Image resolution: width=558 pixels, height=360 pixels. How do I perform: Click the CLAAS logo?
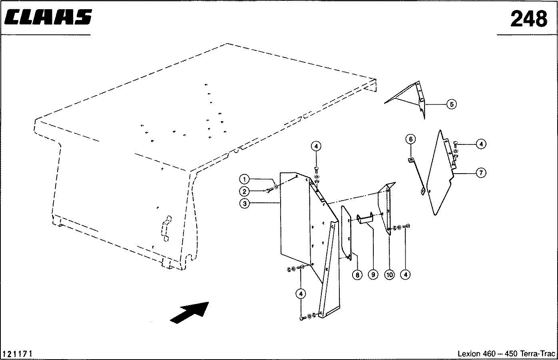(x=48, y=17)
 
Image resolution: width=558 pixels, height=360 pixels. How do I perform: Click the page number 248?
(x=528, y=19)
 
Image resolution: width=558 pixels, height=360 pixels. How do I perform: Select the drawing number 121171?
(x=17, y=354)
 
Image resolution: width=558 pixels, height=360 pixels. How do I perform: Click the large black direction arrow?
(x=189, y=313)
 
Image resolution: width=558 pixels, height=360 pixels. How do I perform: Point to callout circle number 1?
(x=244, y=179)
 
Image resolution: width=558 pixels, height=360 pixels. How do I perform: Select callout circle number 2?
(x=244, y=192)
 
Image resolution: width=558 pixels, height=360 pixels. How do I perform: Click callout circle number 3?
(x=244, y=204)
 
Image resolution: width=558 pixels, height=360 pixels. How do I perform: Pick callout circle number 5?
(x=452, y=104)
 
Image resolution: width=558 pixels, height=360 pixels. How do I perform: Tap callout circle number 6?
(x=411, y=139)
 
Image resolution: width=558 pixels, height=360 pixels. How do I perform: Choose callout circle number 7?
(x=481, y=173)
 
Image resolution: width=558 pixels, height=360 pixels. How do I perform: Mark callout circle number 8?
(x=357, y=275)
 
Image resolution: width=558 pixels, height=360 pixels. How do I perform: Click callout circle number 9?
(x=373, y=275)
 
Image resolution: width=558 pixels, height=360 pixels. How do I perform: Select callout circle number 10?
(x=390, y=275)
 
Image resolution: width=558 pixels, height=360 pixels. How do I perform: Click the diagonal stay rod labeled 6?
(x=417, y=176)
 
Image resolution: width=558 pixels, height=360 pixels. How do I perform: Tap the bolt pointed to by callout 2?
(x=268, y=191)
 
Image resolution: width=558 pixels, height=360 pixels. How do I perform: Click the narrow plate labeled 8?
(x=346, y=233)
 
